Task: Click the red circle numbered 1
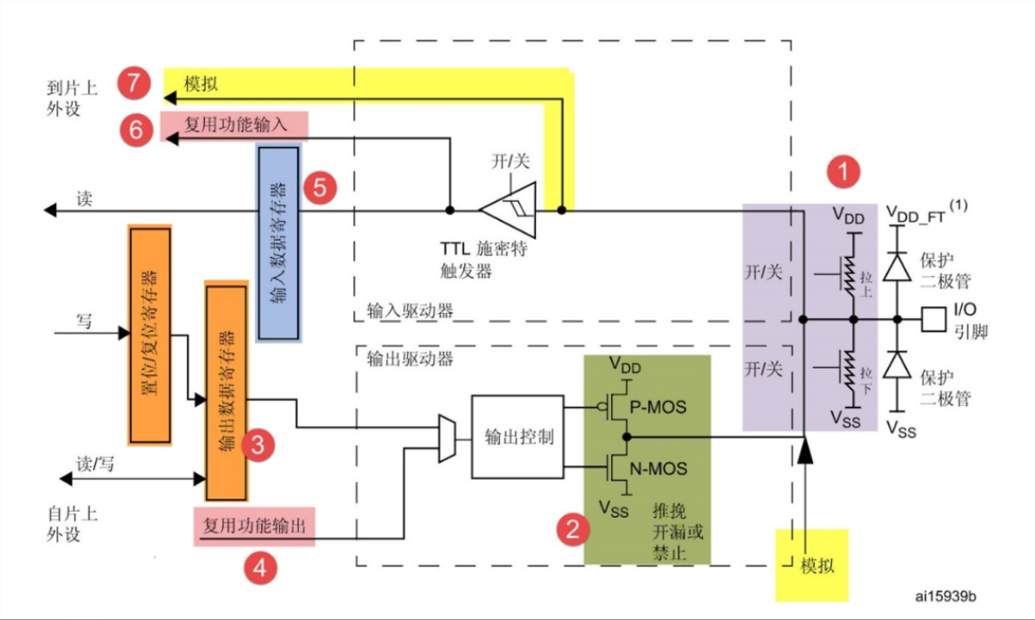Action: point(843,172)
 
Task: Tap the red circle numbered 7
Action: point(134,83)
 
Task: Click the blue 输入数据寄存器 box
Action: point(278,243)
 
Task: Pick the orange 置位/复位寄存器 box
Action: point(149,335)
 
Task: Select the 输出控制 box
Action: point(517,437)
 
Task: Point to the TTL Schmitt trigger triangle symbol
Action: point(507,210)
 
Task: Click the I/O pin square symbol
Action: point(934,319)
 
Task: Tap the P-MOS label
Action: point(657,407)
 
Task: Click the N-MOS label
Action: point(658,469)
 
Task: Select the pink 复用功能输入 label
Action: point(234,125)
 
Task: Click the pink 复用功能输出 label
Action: point(254,526)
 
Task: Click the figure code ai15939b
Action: point(946,596)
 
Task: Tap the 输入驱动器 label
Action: point(410,310)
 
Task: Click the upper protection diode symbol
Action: point(897,268)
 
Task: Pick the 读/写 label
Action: point(95,464)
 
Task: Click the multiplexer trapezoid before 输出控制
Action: point(447,438)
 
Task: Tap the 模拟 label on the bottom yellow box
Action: point(817,565)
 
